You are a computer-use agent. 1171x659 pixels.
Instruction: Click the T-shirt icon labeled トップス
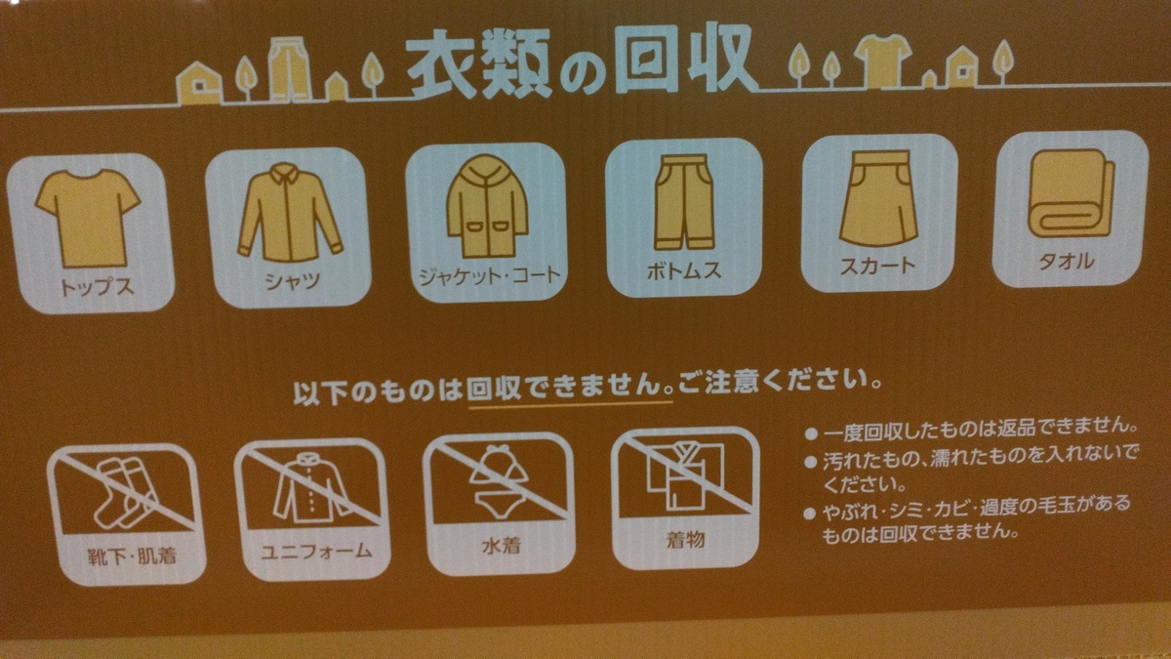click(88, 216)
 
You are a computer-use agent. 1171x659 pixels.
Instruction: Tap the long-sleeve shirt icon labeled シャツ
click(289, 211)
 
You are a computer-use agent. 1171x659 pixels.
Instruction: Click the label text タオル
click(1068, 261)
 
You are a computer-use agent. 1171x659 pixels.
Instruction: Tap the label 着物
click(685, 538)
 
